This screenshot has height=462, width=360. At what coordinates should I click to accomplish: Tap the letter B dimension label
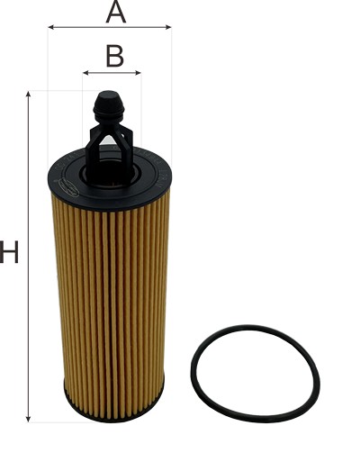pyautogui.click(x=114, y=56)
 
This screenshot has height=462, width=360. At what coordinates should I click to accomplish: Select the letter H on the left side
pyautogui.click(x=10, y=253)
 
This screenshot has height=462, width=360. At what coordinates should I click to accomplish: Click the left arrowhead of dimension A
pyautogui.click(x=51, y=27)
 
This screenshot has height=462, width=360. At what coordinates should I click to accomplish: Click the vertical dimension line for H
pyautogui.click(x=29, y=315)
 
